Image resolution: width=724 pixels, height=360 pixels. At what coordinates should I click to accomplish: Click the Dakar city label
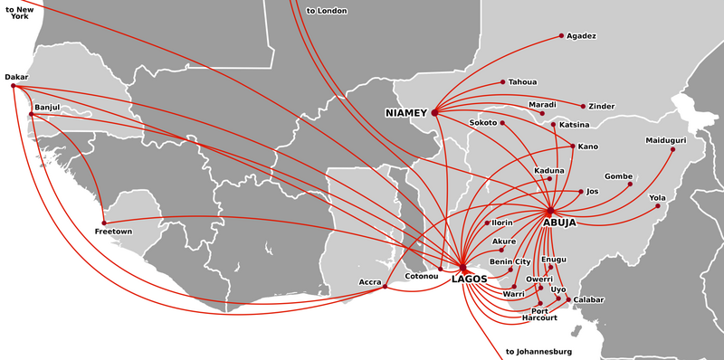16,77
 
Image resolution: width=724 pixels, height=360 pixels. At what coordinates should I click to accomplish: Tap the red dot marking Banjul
31,114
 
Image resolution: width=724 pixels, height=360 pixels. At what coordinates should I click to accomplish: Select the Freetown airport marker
104,223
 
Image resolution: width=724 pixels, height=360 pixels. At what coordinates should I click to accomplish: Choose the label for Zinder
601,107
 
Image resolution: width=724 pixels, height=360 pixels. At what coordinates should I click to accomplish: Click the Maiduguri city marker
672,149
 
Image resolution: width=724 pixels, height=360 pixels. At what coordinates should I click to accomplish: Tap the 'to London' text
327,11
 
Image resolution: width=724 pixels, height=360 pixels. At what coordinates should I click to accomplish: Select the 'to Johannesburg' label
540,351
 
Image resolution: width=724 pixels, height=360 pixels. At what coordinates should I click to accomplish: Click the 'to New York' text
20,12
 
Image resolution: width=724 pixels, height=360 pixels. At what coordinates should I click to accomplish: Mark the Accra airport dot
385,287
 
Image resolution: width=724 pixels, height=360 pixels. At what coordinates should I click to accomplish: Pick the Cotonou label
421,276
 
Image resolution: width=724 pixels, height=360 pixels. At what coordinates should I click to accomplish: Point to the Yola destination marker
658,206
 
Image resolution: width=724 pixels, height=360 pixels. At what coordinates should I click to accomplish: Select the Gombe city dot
630,185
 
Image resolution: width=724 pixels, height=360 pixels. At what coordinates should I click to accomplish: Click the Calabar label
588,299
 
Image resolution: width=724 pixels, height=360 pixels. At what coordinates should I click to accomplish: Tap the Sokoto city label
484,122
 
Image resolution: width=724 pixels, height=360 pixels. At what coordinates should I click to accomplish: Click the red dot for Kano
572,146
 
